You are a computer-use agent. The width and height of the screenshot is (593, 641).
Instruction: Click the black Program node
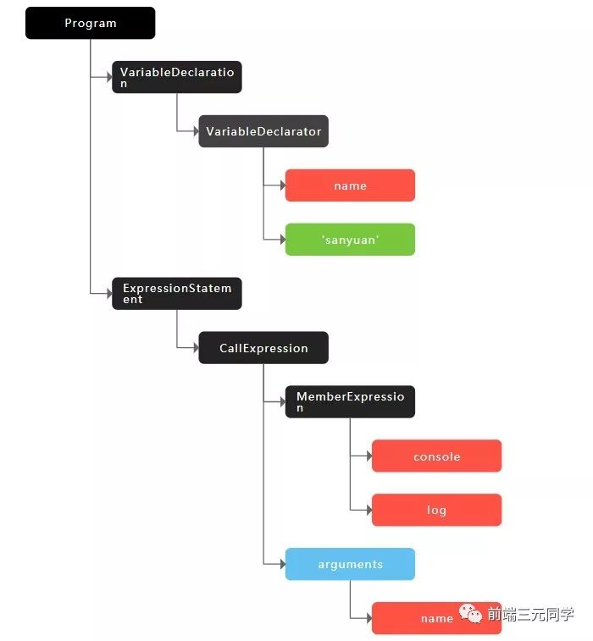(90, 23)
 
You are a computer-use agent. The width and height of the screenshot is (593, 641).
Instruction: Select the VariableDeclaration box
(177, 77)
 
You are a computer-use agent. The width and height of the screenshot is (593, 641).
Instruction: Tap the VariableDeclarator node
(263, 131)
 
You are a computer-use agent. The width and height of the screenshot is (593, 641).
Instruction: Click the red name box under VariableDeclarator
(350, 185)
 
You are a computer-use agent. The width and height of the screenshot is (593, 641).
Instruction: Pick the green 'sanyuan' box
(350, 240)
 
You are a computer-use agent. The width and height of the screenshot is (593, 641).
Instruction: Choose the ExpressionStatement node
(177, 294)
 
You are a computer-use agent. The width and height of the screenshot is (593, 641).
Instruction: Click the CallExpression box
(263, 348)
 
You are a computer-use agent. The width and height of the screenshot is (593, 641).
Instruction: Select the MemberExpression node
(350, 402)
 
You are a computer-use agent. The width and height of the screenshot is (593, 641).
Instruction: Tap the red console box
(436, 456)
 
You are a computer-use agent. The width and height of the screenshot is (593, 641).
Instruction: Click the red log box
(436, 511)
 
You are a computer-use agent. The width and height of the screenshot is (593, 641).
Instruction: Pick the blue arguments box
(350, 564)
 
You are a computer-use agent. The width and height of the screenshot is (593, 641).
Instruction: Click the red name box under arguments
(436, 618)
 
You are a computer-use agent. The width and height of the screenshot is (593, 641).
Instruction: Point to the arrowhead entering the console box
(368, 456)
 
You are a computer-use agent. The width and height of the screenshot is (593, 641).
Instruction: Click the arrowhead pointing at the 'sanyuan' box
(281, 240)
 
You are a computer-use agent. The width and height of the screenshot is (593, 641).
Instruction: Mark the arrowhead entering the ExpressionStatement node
(108, 294)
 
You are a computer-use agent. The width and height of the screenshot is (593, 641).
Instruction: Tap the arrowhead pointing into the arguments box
(281, 564)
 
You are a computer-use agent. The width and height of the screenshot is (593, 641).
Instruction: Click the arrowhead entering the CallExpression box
(195, 348)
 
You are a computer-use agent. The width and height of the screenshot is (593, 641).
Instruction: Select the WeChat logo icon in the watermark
(472, 614)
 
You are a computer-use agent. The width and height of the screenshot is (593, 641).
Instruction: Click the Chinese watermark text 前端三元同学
(530, 615)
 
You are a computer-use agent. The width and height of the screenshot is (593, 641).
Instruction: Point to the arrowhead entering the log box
(368, 511)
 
